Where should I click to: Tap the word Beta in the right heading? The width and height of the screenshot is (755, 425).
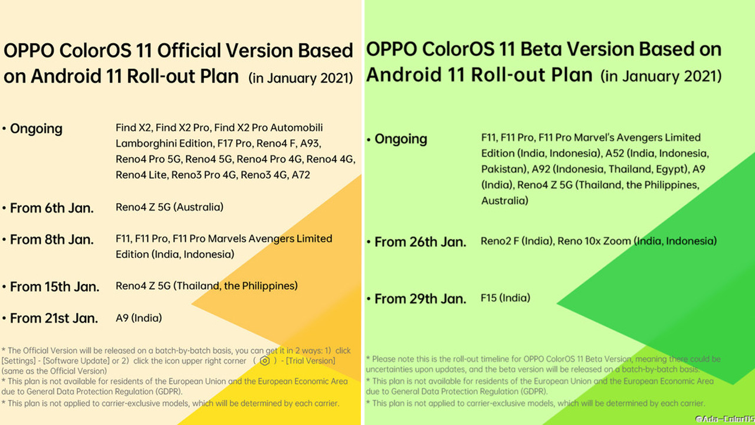click(540, 49)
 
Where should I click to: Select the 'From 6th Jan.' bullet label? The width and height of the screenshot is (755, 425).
click(52, 208)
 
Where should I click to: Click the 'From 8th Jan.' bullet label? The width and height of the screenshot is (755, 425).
click(52, 240)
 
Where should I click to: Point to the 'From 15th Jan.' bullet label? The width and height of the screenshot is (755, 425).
click(55, 287)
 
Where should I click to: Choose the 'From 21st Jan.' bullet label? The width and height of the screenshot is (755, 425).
click(54, 318)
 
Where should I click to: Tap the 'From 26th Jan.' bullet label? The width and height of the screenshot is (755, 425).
click(421, 242)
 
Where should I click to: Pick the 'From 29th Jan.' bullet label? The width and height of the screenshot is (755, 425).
click(421, 299)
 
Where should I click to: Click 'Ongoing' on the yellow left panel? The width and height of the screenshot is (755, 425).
click(37, 129)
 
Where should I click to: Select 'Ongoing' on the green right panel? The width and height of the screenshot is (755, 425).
click(401, 139)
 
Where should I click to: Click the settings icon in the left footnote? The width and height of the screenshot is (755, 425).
click(265, 361)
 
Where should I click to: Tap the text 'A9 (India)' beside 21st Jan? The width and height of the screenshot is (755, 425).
click(139, 318)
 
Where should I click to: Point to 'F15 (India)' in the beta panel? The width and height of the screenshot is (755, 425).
click(505, 298)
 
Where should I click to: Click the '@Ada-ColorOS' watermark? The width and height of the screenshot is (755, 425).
click(725, 419)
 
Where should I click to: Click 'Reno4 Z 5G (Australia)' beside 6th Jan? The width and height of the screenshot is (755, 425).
click(169, 207)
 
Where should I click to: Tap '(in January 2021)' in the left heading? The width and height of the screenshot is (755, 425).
click(301, 78)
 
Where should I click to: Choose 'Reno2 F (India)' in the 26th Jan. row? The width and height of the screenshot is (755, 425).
click(517, 241)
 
